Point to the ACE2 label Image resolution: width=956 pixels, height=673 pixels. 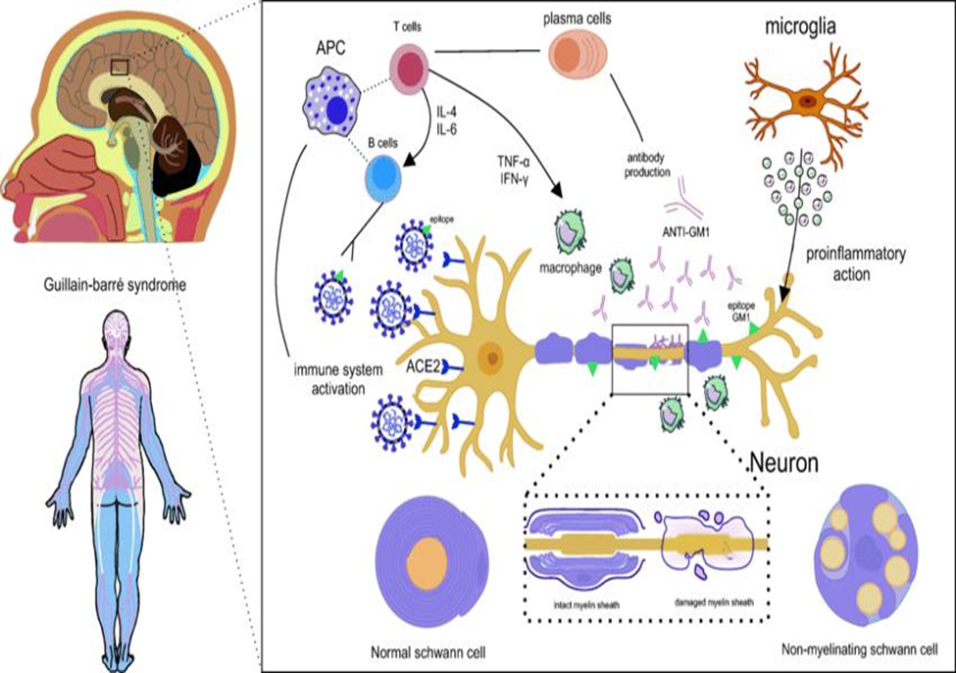(x=425, y=367)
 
